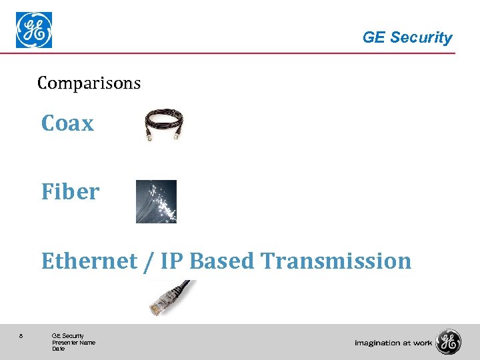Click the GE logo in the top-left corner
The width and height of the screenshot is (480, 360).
(34, 31)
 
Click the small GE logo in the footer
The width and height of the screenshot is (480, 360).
(448, 342)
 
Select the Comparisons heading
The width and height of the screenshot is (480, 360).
(89, 83)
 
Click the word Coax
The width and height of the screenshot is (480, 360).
(67, 123)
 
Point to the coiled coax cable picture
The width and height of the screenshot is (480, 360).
(164, 125)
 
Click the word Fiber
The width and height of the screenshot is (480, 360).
(70, 192)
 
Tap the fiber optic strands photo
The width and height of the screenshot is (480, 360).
(156, 201)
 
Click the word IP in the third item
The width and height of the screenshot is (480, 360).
(171, 261)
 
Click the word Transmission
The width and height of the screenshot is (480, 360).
(337, 261)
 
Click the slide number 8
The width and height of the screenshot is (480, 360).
(21, 336)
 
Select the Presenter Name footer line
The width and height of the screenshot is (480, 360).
(73, 343)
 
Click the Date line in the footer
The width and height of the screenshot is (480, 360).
(59, 349)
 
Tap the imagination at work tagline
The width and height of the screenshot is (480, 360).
(393, 343)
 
